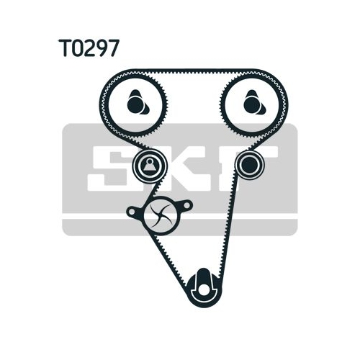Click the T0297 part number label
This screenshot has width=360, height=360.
89,48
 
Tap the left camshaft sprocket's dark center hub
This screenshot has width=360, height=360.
135,105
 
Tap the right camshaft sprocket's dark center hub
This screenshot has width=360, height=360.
251,105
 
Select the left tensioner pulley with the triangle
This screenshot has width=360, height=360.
150,166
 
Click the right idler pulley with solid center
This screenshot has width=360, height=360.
250,165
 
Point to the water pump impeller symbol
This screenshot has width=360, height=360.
161,215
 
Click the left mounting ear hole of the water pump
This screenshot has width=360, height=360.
132,212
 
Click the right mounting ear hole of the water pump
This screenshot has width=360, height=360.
187,205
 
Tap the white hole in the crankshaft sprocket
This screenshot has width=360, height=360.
204,290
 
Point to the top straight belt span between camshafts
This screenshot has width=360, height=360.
194,71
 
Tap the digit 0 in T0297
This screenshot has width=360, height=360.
76,48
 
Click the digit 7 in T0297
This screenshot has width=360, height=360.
114,48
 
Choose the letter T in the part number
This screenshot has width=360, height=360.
63,48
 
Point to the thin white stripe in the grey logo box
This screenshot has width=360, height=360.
180,217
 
